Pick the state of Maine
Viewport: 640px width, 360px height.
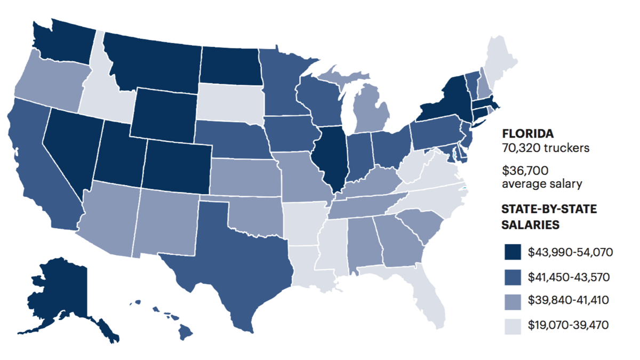(499, 59)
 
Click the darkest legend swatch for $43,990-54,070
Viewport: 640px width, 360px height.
(511, 252)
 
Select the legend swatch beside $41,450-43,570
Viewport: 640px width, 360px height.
(511, 277)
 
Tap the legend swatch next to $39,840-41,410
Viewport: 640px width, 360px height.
(511, 301)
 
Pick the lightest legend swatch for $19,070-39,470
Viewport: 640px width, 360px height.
(511, 325)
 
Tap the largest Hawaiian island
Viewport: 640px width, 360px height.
(185, 332)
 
